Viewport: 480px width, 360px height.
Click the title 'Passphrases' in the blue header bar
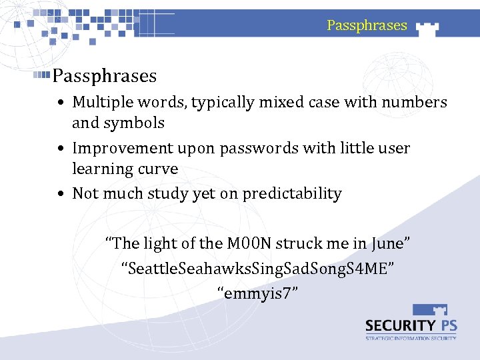coord(367,25)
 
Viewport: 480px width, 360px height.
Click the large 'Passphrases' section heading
coord(105,76)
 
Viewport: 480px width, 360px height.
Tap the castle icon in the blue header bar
coord(427,27)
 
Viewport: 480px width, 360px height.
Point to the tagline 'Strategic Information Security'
coord(411,338)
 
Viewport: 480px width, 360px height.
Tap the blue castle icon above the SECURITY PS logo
coord(430,310)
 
